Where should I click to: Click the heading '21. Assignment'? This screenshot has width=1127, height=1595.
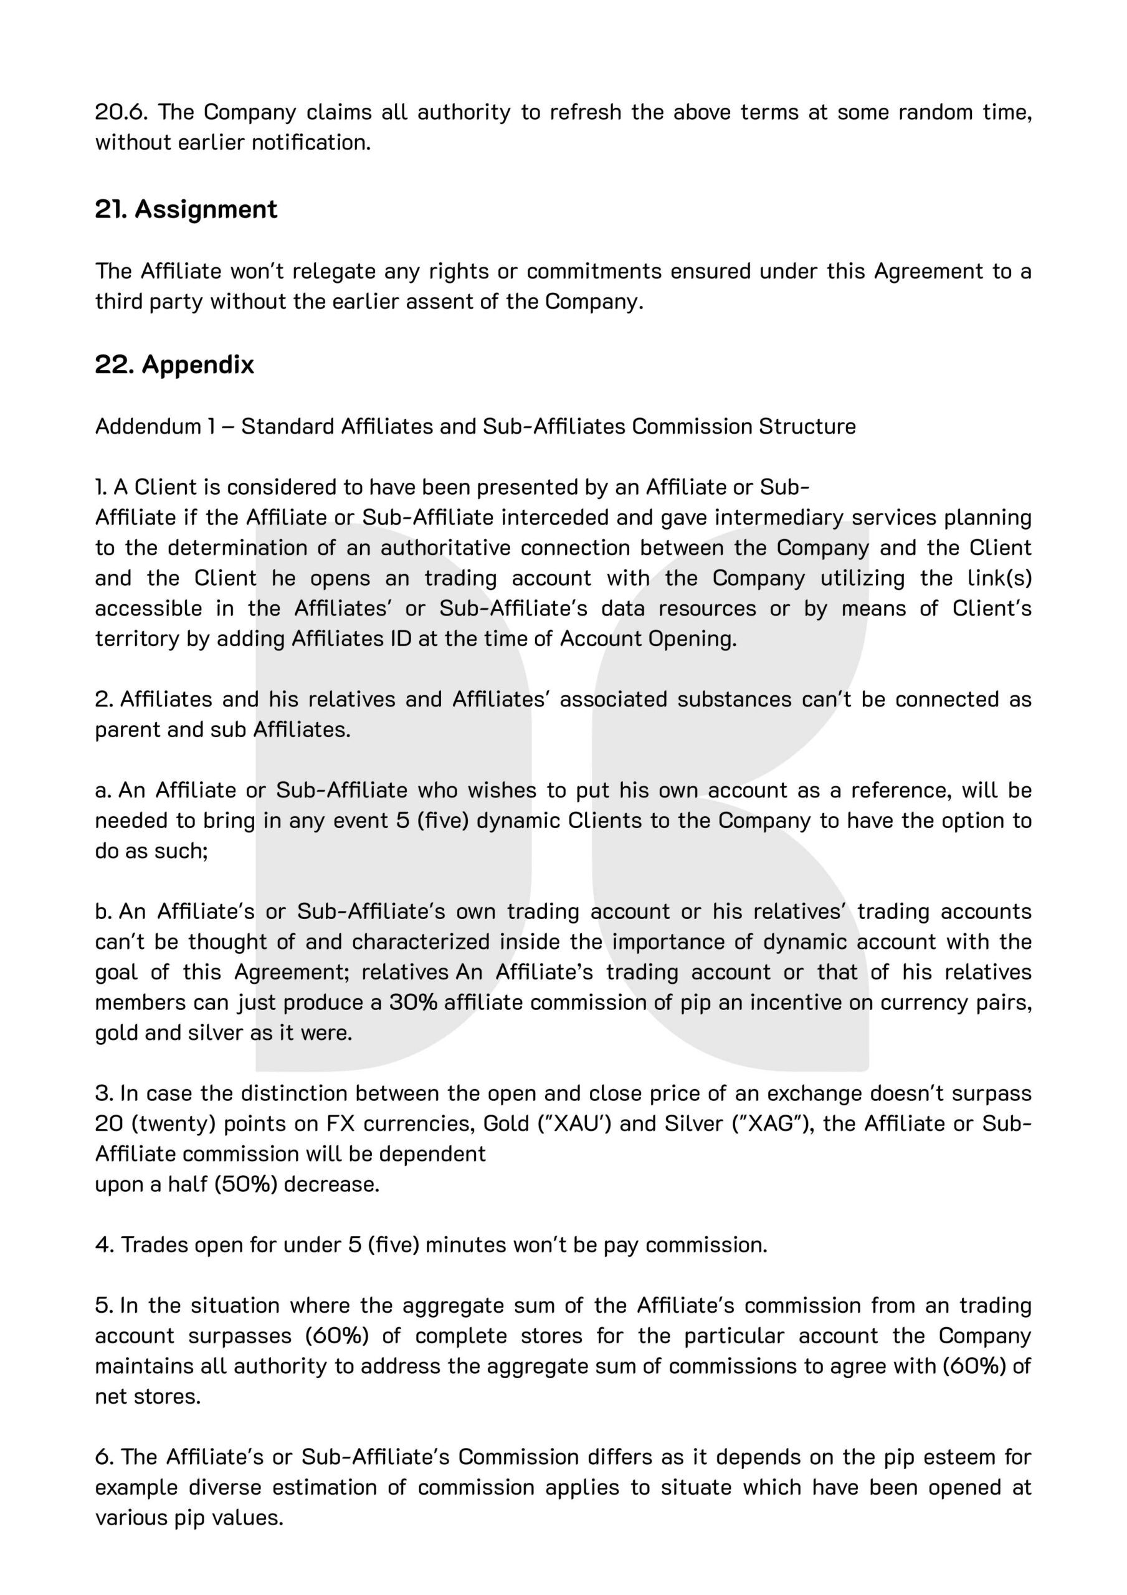point(186,209)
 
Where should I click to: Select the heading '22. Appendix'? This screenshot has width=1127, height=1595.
point(174,364)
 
